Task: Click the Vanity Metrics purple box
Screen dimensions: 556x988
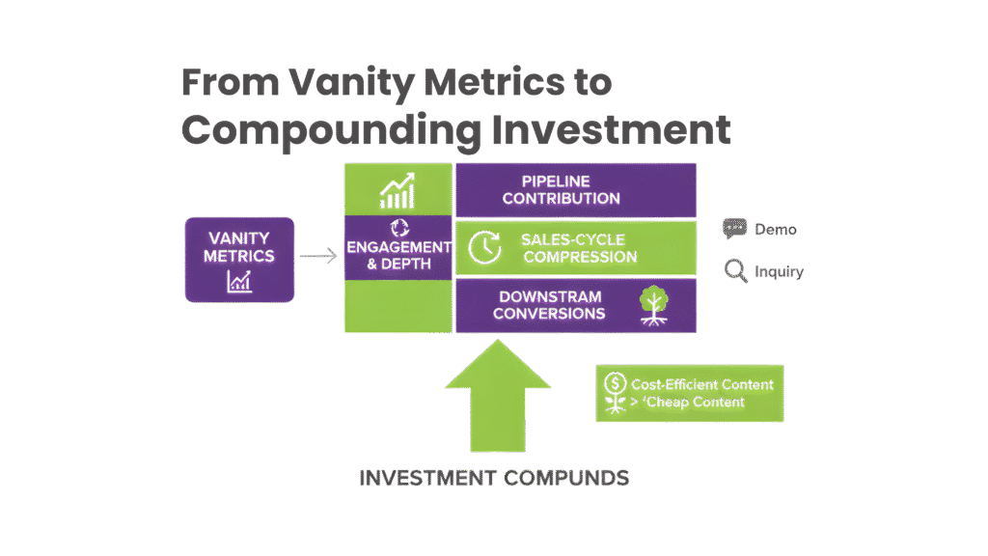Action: pyautogui.click(x=239, y=259)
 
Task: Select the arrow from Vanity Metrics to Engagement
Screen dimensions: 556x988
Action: pyautogui.click(x=318, y=257)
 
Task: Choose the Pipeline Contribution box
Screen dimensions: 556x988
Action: pyautogui.click(x=575, y=190)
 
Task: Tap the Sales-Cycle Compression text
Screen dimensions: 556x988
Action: pyautogui.click(x=578, y=248)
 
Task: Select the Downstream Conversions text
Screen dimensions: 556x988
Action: pyautogui.click(x=550, y=305)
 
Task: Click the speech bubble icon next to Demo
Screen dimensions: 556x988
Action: pyautogui.click(x=735, y=229)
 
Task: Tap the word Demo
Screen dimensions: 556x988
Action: pyautogui.click(x=776, y=230)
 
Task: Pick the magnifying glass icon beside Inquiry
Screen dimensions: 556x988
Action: pyautogui.click(x=736, y=271)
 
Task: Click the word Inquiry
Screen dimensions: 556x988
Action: pyautogui.click(x=780, y=272)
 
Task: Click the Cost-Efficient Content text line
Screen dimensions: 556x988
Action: pyautogui.click(x=701, y=384)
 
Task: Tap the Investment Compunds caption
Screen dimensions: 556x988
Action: pyautogui.click(x=494, y=478)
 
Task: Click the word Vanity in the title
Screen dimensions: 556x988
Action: pyautogui.click(x=340, y=82)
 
